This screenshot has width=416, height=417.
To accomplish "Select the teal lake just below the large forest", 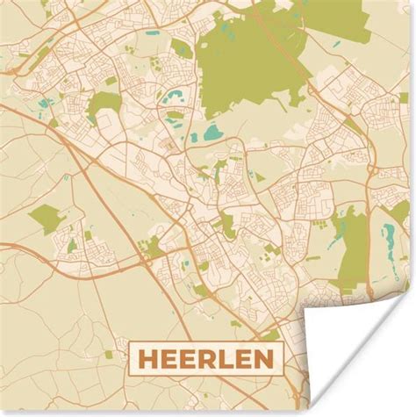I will click(213, 134).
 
